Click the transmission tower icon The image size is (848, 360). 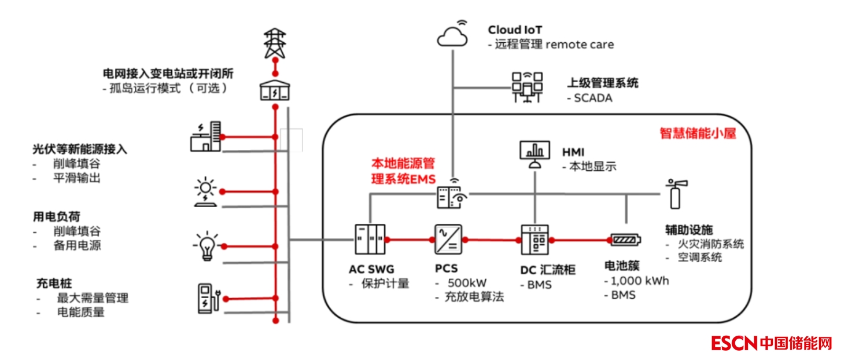tap(275, 42)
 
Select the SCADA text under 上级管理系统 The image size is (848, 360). tap(593, 98)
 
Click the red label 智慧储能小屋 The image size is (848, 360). tap(698, 134)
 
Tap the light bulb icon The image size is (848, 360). tap(206, 246)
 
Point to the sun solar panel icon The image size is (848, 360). tap(205, 192)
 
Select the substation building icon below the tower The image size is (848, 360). tap(275, 90)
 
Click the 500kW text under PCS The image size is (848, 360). tap(467, 283)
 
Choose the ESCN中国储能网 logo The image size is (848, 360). tap(771, 343)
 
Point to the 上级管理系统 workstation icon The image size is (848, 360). tap(527, 87)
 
